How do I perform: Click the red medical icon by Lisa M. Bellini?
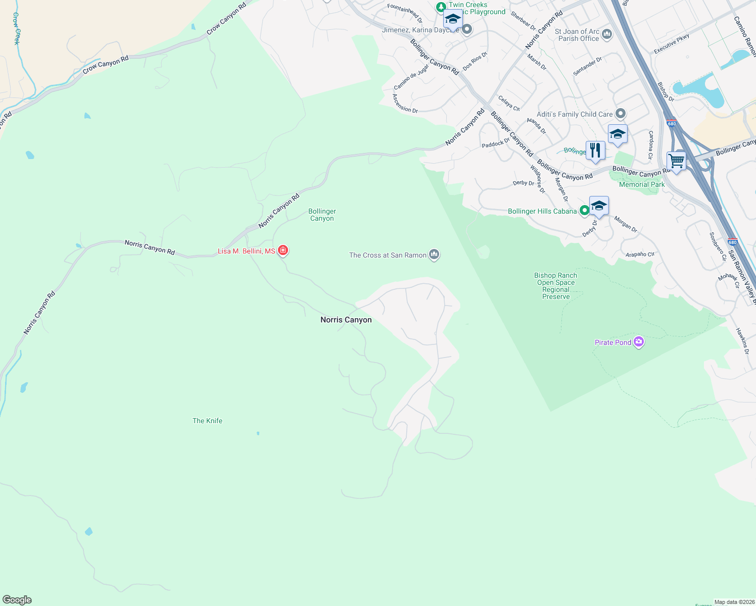[x=283, y=250]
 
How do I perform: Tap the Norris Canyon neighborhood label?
[x=346, y=320]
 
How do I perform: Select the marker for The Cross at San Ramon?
[x=434, y=255]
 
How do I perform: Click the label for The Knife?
[x=207, y=421]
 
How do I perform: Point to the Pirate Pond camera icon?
[x=639, y=342]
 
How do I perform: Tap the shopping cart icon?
[x=676, y=162]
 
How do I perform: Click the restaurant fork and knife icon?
[x=595, y=150]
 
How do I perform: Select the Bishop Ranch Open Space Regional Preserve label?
[x=556, y=286]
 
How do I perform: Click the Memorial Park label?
[x=642, y=184]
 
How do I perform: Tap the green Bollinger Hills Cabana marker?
[x=584, y=211]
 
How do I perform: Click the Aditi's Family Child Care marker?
[x=621, y=114]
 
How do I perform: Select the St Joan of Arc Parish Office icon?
[x=607, y=34]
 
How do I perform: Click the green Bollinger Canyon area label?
[x=322, y=215]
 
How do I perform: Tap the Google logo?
[x=17, y=600]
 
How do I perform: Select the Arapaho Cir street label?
[x=640, y=254]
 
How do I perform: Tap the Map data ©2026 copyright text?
[x=734, y=602]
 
